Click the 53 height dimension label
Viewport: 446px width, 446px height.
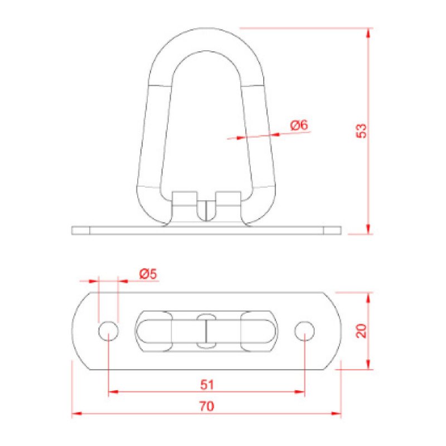[x=361, y=131]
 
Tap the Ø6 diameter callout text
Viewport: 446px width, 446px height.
[x=299, y=125]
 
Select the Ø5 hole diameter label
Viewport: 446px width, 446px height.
[x=148, y=274]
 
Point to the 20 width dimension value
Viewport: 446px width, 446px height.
[x=361, y=331]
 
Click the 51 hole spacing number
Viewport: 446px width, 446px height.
[x=207, y=385]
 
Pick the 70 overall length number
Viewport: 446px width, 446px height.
[x=207, y=406]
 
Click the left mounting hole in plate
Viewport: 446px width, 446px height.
[x=108, y=331]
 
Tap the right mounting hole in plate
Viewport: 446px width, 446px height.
[x=304, y=331]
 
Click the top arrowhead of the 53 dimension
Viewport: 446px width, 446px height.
[x=369, y=33]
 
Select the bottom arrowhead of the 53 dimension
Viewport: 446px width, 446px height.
[x=369, y=229]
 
